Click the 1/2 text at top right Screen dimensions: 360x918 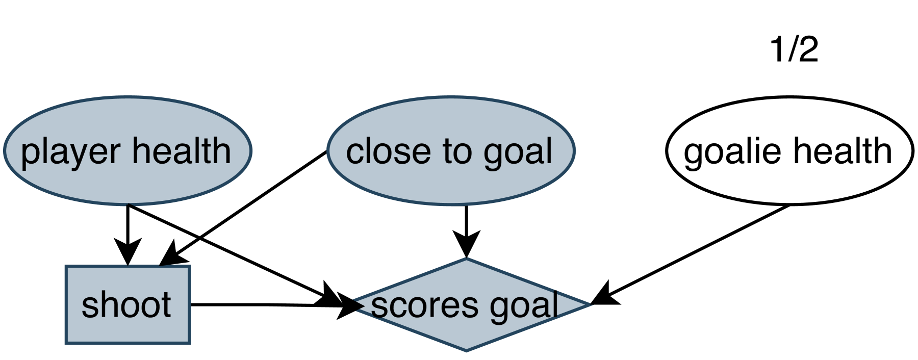794,50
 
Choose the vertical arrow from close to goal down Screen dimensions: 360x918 466,224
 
